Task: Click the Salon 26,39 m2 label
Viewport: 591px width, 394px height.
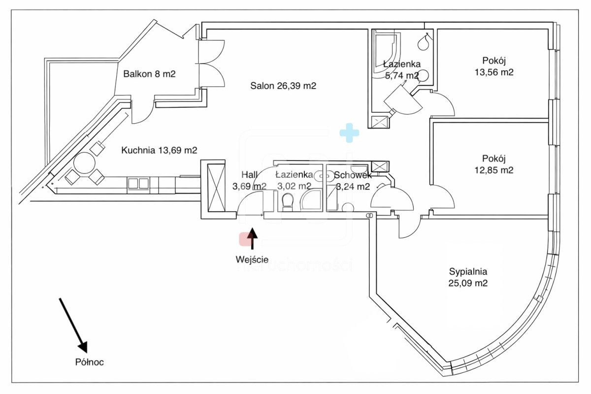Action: (x=283, y=86)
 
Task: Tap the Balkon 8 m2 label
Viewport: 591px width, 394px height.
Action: (x=149, y=74)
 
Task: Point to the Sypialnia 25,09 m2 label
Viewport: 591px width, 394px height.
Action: (x=468, y=277)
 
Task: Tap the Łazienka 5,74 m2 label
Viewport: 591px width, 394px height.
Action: (x=401, y=69)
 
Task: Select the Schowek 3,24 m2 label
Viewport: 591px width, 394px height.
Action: (x=353, y=180)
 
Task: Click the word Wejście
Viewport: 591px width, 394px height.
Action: (x=252, y=260)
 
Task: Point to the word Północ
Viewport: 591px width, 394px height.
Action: (x=90, y=362)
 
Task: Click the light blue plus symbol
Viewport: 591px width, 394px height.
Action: (x=349, y=133)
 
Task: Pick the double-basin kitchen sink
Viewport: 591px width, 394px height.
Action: (x=138, y=183)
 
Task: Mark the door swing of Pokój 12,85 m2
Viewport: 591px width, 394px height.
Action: (x=442, y=197)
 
